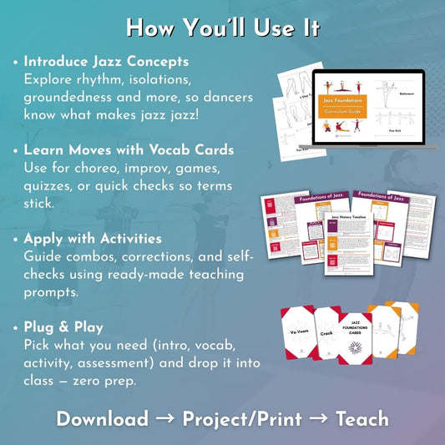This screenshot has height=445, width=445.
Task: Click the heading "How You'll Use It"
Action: coord(222,27)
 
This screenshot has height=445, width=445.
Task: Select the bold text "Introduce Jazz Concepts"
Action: coord(106,62)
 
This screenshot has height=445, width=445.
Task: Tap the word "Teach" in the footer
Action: coord(362,418)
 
